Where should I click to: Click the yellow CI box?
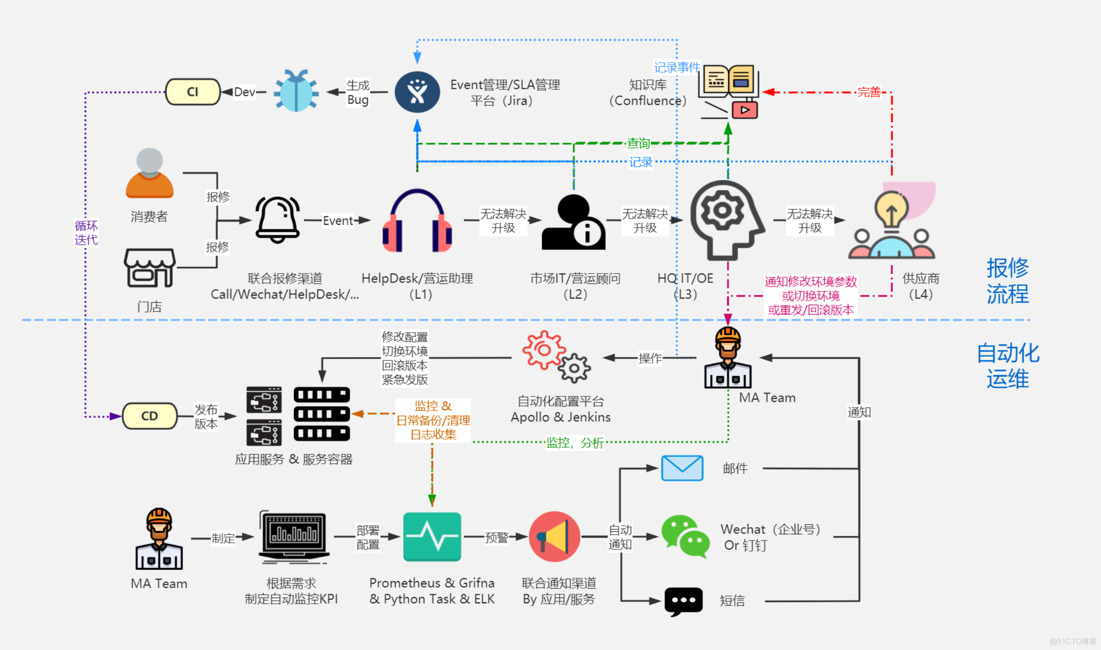tap(193, 92)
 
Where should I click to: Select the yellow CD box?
tap(150, 416)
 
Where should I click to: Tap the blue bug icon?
tap(296, 91)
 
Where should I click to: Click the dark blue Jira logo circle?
tap(417, 92)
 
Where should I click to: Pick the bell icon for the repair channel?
tap(277, 220)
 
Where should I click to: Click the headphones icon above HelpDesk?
tap(417, 221)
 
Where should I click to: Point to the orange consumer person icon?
tap(149, 173)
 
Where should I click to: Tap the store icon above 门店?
tap(149, 268)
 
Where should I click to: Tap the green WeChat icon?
tap(685, 537)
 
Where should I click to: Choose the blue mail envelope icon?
tap(682, 468)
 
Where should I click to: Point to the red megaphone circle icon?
tap(555, 537)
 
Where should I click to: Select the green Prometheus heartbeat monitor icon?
tap(432, 537)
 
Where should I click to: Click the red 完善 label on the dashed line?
tap(869, 92)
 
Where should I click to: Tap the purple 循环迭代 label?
tap(86, 232)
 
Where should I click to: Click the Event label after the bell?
tap(338, 221)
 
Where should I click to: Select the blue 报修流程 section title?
tap(1007, 281)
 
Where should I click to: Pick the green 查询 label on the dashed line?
tap(638, 143)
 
